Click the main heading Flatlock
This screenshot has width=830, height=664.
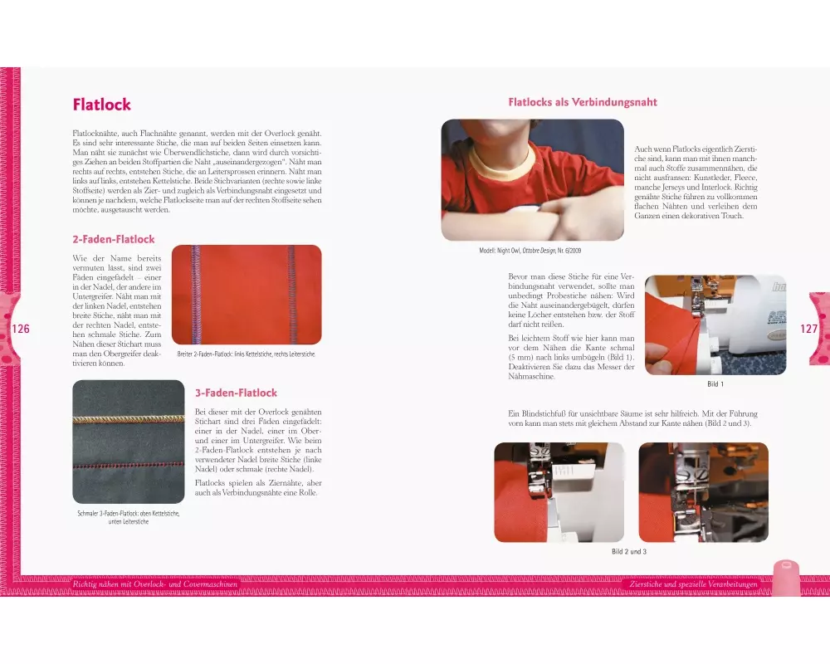[101, 105]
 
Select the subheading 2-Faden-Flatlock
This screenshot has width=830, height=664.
[114, 239]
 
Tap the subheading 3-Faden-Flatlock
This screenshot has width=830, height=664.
[236, 393]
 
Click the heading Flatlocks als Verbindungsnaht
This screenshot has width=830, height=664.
[583, 102]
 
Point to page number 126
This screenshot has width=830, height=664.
[21, 329]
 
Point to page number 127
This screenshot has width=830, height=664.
[808, 329]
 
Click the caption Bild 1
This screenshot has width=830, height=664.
[715, 384]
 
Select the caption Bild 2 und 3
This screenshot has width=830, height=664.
[629, 551]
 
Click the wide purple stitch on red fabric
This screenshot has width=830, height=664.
[197, 295]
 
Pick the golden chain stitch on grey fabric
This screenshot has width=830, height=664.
[129, 419]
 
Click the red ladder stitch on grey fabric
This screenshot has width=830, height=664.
[129, 466]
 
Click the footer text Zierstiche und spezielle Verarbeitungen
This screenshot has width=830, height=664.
[693, 584]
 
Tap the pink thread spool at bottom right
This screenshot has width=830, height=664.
[786, 578]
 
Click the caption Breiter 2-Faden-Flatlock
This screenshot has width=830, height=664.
[247, 354]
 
